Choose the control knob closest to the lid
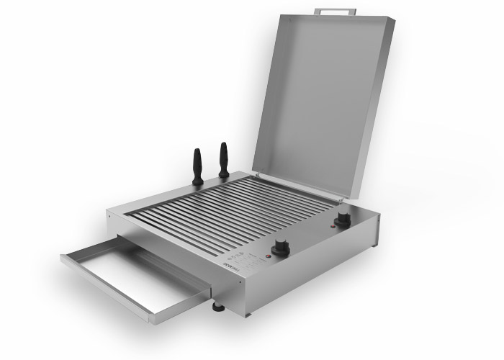click(343, 218)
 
